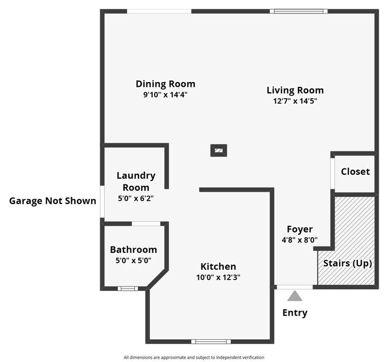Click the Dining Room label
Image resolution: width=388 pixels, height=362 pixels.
point(165,84)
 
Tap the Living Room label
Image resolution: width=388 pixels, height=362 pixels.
point(295,90)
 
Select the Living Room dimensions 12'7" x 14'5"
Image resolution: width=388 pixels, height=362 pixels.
point(295,100)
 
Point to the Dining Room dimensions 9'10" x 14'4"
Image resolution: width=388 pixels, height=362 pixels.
point(165,94)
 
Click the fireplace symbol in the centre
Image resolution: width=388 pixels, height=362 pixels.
point(218,151)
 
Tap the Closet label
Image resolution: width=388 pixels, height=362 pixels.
point(355,172)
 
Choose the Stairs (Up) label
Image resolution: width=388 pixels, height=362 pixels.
point(348,263)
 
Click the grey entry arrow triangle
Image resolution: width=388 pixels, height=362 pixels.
point(294,296)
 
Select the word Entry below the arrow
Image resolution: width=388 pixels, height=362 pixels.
point(295,312)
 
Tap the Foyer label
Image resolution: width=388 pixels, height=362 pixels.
point(299,229)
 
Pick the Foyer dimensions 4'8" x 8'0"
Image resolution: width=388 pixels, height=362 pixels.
point(299,240)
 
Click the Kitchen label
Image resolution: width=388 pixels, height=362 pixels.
point(218,267)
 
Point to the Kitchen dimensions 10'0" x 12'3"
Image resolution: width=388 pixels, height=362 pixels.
point(218,277)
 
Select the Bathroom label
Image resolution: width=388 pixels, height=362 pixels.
point(133,250)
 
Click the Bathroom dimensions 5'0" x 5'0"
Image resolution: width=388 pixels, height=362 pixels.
point(133,260)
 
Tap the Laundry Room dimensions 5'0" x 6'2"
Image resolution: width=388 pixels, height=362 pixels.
point(136,197)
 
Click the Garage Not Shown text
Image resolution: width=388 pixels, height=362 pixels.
point(53,201)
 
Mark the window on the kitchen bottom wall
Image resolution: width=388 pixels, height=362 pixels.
point(211,341)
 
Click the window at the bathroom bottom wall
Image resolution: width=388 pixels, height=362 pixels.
point(128,289)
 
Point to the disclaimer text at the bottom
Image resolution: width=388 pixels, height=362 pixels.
point(194,357)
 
